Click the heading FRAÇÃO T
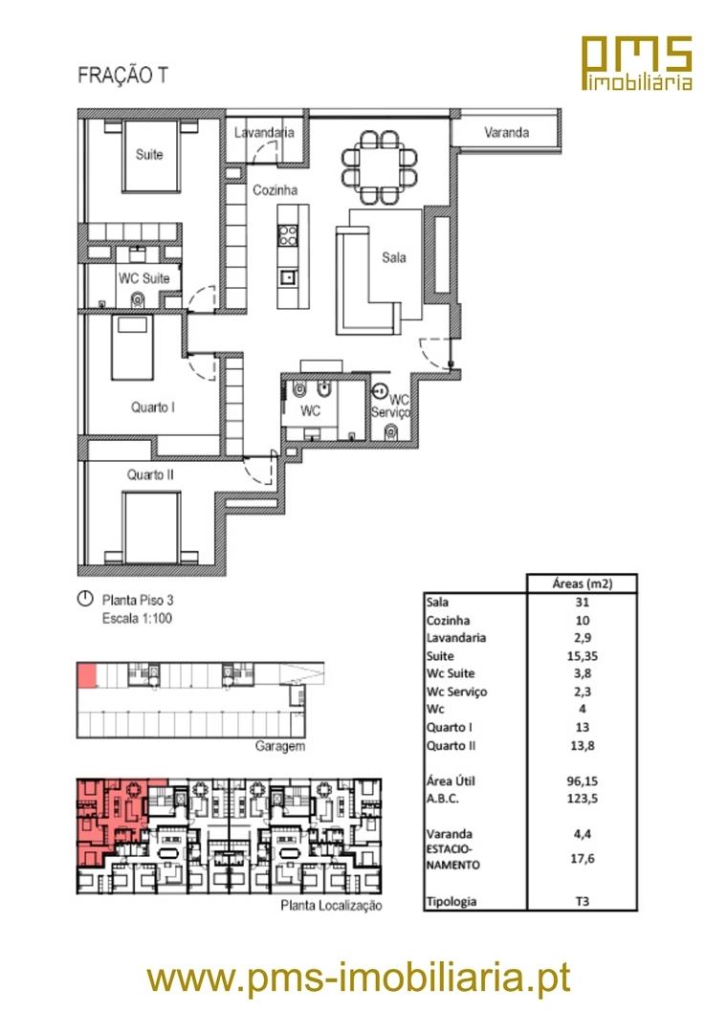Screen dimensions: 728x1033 point(123,76)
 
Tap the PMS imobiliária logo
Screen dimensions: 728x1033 point(637,63)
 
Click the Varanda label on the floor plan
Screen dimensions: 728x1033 point(506,132)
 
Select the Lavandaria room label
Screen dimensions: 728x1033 point(264,132)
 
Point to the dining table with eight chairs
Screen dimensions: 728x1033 point(380,167)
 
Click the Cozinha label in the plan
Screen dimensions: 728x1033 point(276,189)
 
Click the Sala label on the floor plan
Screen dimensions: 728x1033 point(394,257)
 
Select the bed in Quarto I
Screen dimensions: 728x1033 point(132,348)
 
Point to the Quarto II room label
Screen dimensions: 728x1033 point(150,474)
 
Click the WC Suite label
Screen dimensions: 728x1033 point(144,278)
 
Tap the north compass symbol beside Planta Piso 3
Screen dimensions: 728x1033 point(85,599)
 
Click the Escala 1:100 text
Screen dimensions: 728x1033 point(137,619)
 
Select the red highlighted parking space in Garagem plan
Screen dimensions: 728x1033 point(86,676)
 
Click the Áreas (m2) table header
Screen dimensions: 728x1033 point(582,583)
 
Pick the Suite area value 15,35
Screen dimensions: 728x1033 point(582,656)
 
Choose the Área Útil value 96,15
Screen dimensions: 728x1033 point(582,781)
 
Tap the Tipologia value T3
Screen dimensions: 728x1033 point(582,901)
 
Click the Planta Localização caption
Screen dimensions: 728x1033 point(331,905)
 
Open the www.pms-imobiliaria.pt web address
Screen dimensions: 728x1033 point(359,978)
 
